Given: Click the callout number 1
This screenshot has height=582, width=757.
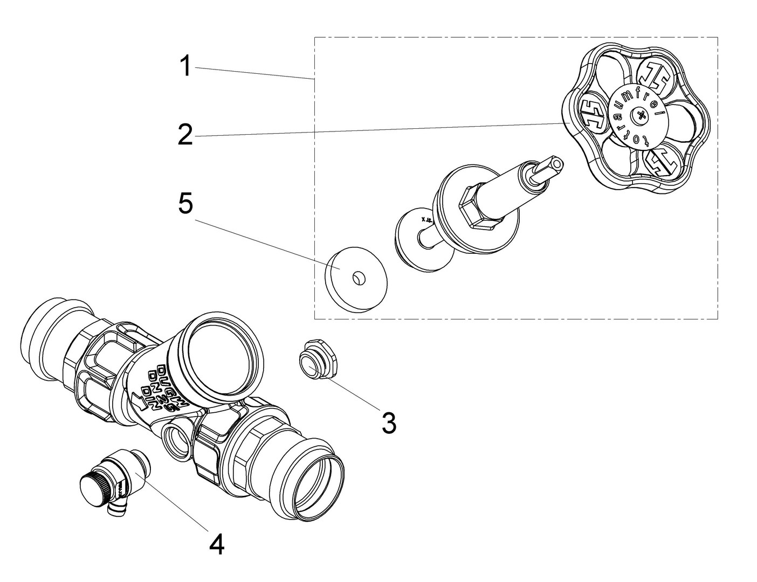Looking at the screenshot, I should coord(185,67).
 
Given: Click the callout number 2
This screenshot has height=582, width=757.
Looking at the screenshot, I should coord(185,135).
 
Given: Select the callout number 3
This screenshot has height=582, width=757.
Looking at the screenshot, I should coord(389,423).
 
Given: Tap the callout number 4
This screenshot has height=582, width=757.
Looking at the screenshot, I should coord(216,545).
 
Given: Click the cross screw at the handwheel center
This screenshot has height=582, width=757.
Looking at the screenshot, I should coord(641,115).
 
